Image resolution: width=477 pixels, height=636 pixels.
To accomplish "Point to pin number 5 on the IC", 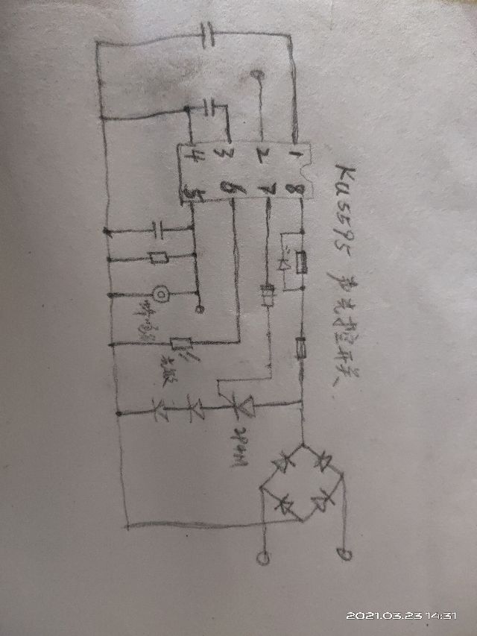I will coord(192,192).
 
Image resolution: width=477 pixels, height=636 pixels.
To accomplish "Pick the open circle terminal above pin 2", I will coord(258,75).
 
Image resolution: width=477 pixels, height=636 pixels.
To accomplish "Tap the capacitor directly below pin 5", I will coord(157,229).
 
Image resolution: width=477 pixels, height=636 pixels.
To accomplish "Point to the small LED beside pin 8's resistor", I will coord(285,263).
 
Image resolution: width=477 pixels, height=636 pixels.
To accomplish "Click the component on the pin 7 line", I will coord(268,296).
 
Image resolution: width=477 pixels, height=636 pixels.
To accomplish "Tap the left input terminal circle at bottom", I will coord(262,557).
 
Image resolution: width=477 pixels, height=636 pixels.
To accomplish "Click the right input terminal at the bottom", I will coord(342,553).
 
